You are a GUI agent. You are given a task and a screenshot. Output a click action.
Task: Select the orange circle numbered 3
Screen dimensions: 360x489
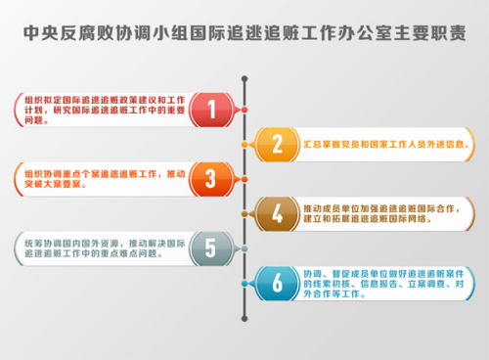[209, 178]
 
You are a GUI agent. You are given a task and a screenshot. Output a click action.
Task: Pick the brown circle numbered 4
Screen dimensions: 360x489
[278, 213]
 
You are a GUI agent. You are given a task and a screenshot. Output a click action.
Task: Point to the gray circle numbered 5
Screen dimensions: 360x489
[209, 247]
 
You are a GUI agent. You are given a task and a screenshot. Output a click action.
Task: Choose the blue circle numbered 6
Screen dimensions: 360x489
[278, 283]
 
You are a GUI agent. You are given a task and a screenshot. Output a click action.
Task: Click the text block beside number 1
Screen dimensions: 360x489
[102, 109]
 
